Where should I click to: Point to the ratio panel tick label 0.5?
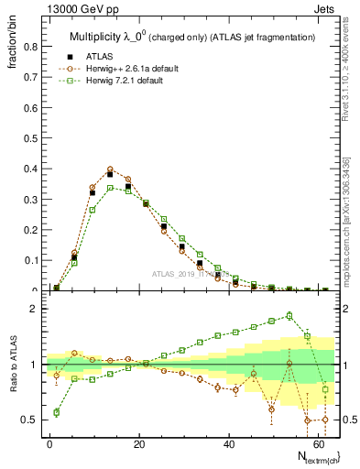pyautogui.click(x=31, y=420)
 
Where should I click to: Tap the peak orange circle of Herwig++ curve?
pyautogui.click(x=110, y=169)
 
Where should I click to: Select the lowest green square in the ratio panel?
pyautogui.click(x=57, y=412)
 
